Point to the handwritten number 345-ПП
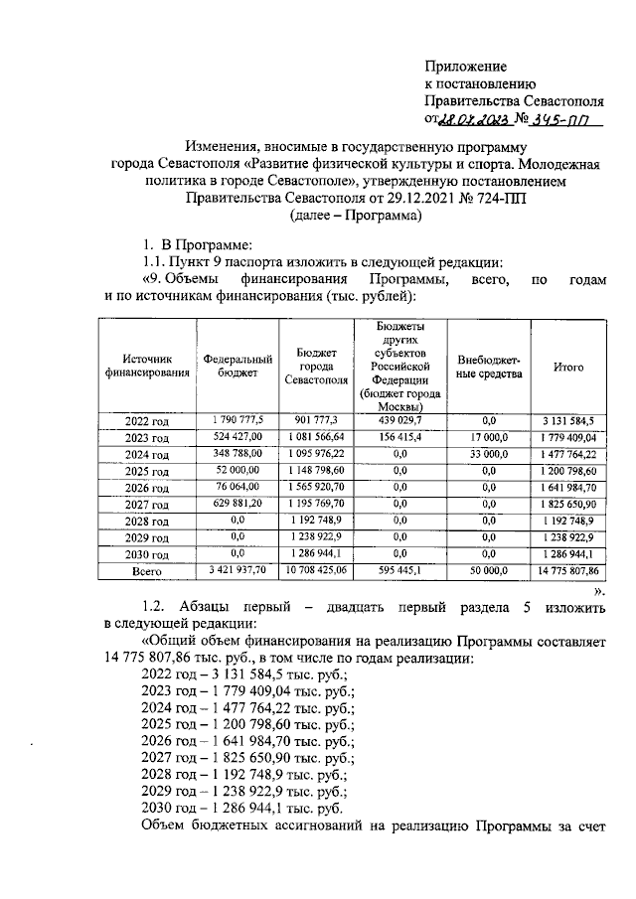click(x=559, y=119)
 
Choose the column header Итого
click(x=568, y=367)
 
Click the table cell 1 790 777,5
click(x=238, y=420)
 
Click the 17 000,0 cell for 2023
click(x=489, y=437)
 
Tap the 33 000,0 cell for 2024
click(x=489, y=454)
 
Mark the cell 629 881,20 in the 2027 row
click(x=238, y=505)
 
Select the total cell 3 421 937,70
click(x=238, y=572)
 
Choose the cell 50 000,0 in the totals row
click(x=489, y=572)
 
